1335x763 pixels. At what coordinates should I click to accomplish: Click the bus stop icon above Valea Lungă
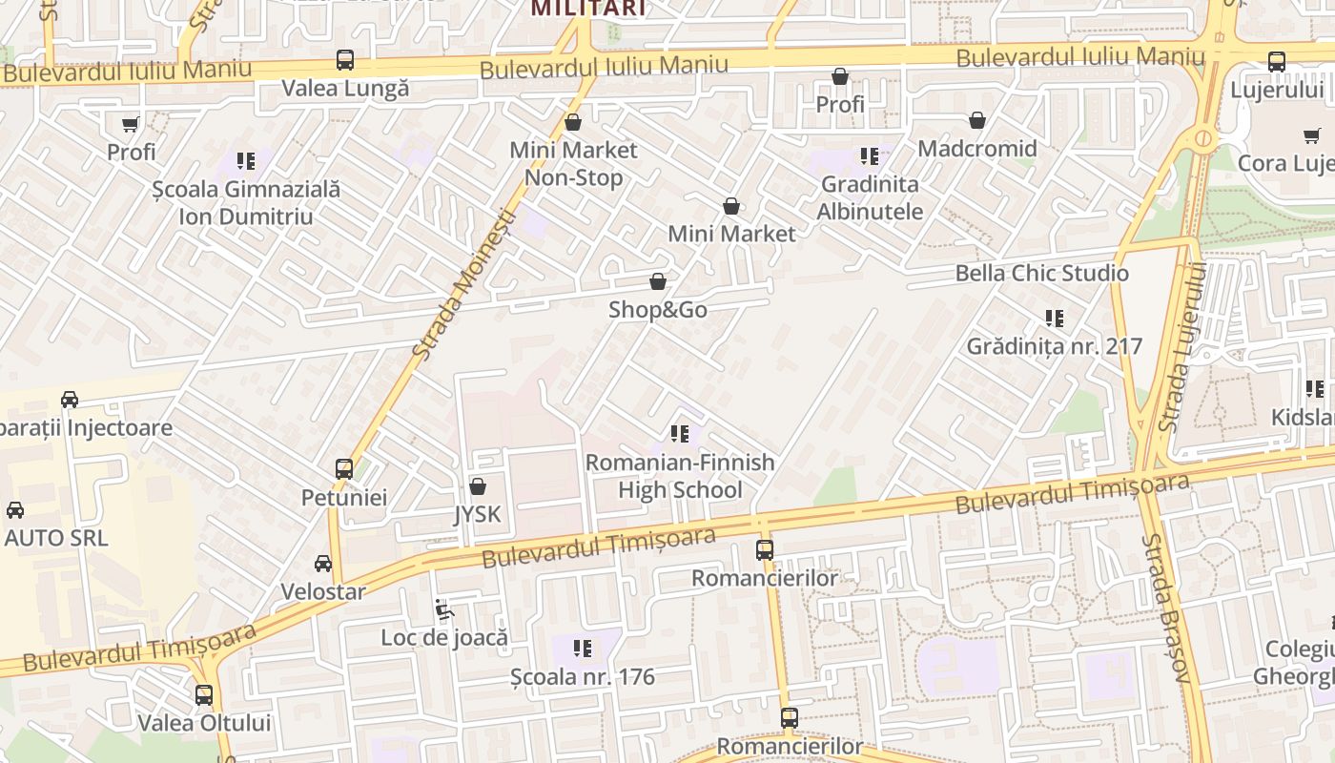coord(345,61)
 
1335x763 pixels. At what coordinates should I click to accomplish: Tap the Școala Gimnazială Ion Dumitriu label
coord(246,202)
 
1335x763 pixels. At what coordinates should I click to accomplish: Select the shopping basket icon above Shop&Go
coord(658,281)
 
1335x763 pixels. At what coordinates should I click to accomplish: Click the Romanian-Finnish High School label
coord(680,476)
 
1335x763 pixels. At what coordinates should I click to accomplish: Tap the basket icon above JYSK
coord(478,486)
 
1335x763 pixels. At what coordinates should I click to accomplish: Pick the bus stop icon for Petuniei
coord(344,469)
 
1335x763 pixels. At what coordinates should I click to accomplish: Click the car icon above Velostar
coord(323,564)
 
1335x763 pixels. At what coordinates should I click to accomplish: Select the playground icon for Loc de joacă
coord(443,608)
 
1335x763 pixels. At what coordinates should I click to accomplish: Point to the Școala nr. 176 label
coord(583,677)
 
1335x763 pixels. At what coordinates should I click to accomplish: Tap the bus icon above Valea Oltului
coord(204,695)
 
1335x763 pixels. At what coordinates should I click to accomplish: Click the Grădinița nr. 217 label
coord(1055,346)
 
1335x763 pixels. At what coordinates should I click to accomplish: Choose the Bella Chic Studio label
coord(1042,274)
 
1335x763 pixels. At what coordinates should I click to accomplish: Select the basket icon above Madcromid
coord(977,120)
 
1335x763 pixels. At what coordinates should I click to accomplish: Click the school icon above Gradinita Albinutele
coord(870,155)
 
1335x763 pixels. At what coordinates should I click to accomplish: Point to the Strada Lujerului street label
coord(1181,347)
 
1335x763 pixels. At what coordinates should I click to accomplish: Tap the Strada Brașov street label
coord(1166,608)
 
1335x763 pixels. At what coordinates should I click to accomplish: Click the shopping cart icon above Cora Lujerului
coord(1312,135)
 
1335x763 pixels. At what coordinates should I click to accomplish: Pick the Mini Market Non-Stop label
coord(574,164)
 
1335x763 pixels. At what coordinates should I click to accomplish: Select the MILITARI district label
coord(588,9)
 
